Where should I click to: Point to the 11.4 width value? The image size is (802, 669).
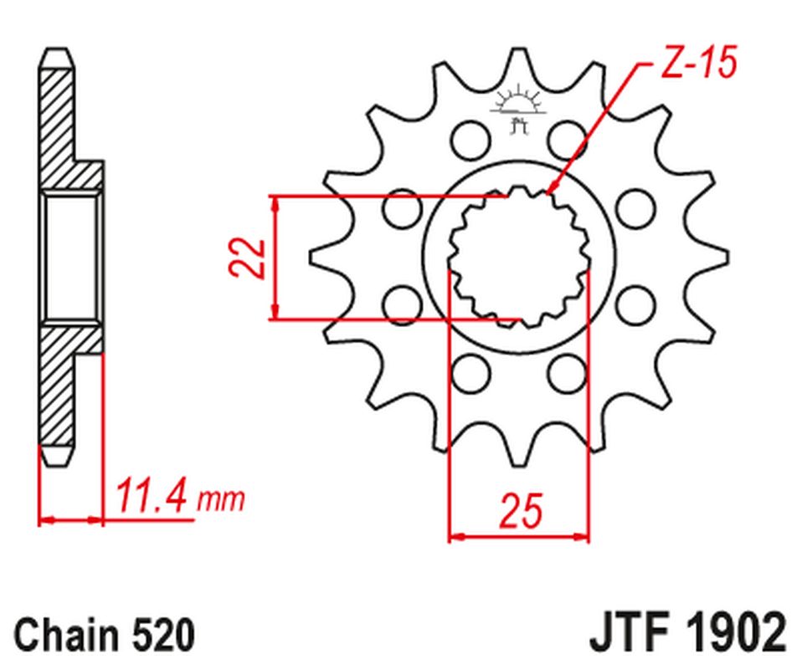153,496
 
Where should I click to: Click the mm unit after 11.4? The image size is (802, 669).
221,500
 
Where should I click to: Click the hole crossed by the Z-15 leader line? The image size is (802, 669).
569,136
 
